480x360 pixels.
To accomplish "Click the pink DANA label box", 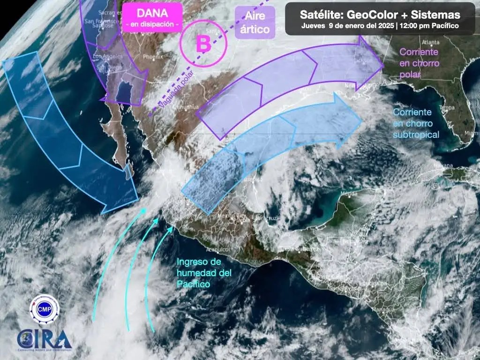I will pyautogui.click(x=151, y=17).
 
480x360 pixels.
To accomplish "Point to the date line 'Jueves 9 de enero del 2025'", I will pyautogui.click(x=347, y=26).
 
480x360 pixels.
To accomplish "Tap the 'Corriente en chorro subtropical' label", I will pyautogui.click(x=416, y=123).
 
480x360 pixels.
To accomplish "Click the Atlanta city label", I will pyautogui.click(x=427, y=41).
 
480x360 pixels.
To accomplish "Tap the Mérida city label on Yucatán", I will pyautogui.click(x=347, y=193).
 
